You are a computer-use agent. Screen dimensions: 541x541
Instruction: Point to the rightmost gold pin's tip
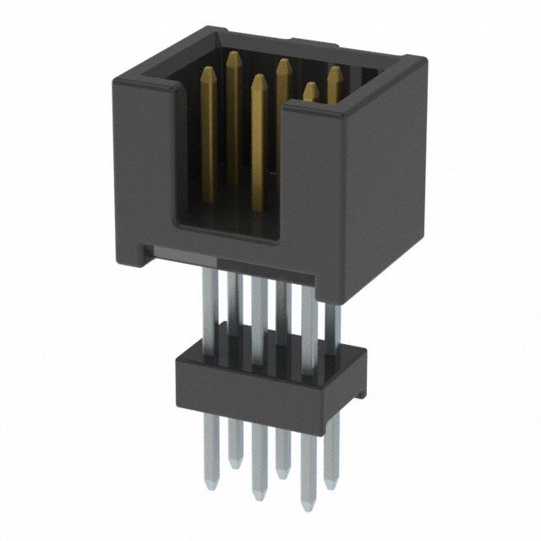(x=334, y=71)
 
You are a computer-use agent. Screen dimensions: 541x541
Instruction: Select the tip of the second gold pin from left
(x=233, y=56)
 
